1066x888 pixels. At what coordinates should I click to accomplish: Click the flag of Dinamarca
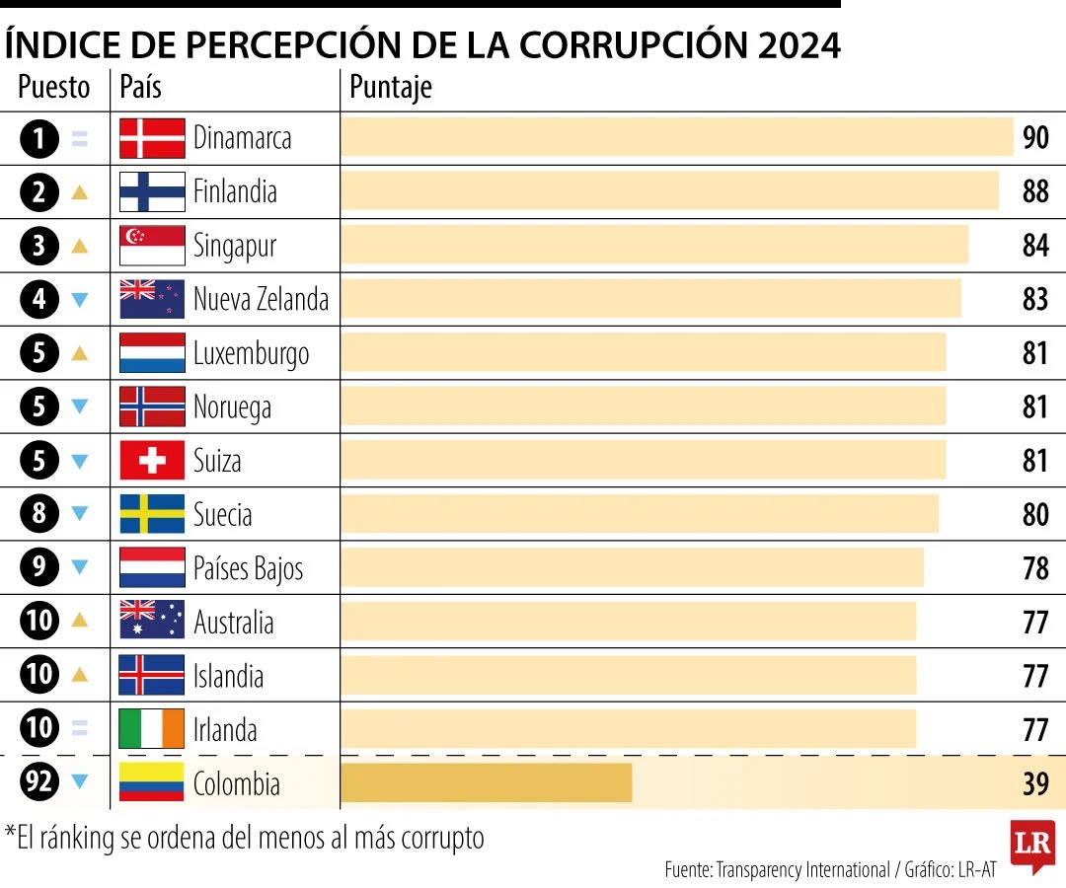tap(152, 138)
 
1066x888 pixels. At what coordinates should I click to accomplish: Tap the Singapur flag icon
tap(152, 246)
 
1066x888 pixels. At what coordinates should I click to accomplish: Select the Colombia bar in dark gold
tap(486, 783)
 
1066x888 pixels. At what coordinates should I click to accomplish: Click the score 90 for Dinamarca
tap(1035, 138)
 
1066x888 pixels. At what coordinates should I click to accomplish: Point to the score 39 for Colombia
tap(1035, 784)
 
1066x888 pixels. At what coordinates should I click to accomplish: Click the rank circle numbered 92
tap(39, 783)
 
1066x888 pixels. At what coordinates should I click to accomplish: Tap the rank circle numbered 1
tap(39, 138)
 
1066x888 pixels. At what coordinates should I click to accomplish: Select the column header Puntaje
tap(391, 88)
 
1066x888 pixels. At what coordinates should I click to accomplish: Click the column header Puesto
tap(54, 88)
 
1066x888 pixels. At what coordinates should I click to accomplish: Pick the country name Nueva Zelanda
tap(261, 299)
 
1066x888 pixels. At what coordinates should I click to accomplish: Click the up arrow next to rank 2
tap(80, 192)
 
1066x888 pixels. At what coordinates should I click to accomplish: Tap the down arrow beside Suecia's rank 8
tap(80, 514)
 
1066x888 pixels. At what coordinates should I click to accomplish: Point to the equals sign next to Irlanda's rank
tap(80, 729)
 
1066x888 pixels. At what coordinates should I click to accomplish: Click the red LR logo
tap(1031, 845)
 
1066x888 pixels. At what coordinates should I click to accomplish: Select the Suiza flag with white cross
tap(152, 461)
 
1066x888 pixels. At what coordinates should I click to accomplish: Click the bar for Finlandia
tap(669, 191)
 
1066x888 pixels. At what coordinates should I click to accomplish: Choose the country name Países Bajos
tap(248, 568)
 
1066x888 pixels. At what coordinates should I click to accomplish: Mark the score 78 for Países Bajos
tap(1035, 568)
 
